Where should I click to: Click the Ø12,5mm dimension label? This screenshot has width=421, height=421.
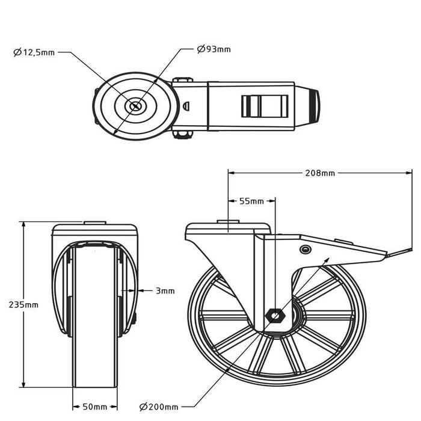pyautogui.click(x=34, y=53)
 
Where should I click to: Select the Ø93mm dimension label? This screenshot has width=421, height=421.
pyautogui.click(x=214, y=49)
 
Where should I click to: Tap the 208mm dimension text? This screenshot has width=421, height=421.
pyautogui.click(x=319, y=173)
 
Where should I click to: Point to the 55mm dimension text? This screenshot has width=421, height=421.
pyautogui.click(x=251, y=201)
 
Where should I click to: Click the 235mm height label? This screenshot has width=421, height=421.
pyautogui.click(x=23, y=305)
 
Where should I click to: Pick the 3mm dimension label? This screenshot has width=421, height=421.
pyautogui.click(x=165, y=291)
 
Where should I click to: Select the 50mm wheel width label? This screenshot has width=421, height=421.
pyautogui.click(x=95, y=407)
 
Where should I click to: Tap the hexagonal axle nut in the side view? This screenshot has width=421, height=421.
pyautogui.click(x=275, y=315)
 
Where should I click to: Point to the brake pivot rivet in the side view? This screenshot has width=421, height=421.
pyautogui.click(x=305, y=249)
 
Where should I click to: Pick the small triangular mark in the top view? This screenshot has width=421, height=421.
pyautogui.click(x=186, y=106)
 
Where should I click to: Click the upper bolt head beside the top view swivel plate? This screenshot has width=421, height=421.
pyautogui.click(x=182, y=81)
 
